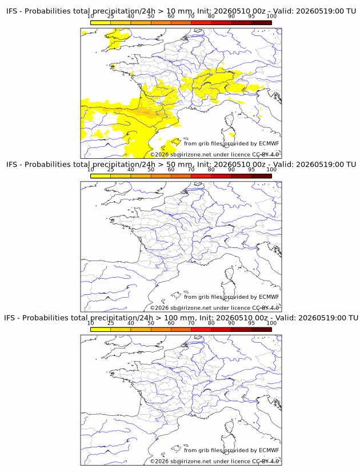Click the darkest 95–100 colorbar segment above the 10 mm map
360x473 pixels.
pyautogui.click(x=262, y=23)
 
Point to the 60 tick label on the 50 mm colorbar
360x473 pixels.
pyautogui.click(x=171, y=169)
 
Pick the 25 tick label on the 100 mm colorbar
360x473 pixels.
pyautogui.click(x=111, y=323)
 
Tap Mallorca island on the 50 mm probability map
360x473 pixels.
pyautogui.click(x=175, y=295)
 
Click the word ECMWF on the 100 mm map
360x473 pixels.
pyautogui.click(x=269, y=450)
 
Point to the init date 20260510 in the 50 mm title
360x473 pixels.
pyautogui.click(x=229, y=165)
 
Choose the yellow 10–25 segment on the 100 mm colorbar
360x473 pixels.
pyautogui.click(x=101, y=330)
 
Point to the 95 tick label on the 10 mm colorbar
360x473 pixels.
pyautogui.click(x=251, y=16)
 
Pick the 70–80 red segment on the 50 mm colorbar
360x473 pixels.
pyautogui.click(x=201, y=176)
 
